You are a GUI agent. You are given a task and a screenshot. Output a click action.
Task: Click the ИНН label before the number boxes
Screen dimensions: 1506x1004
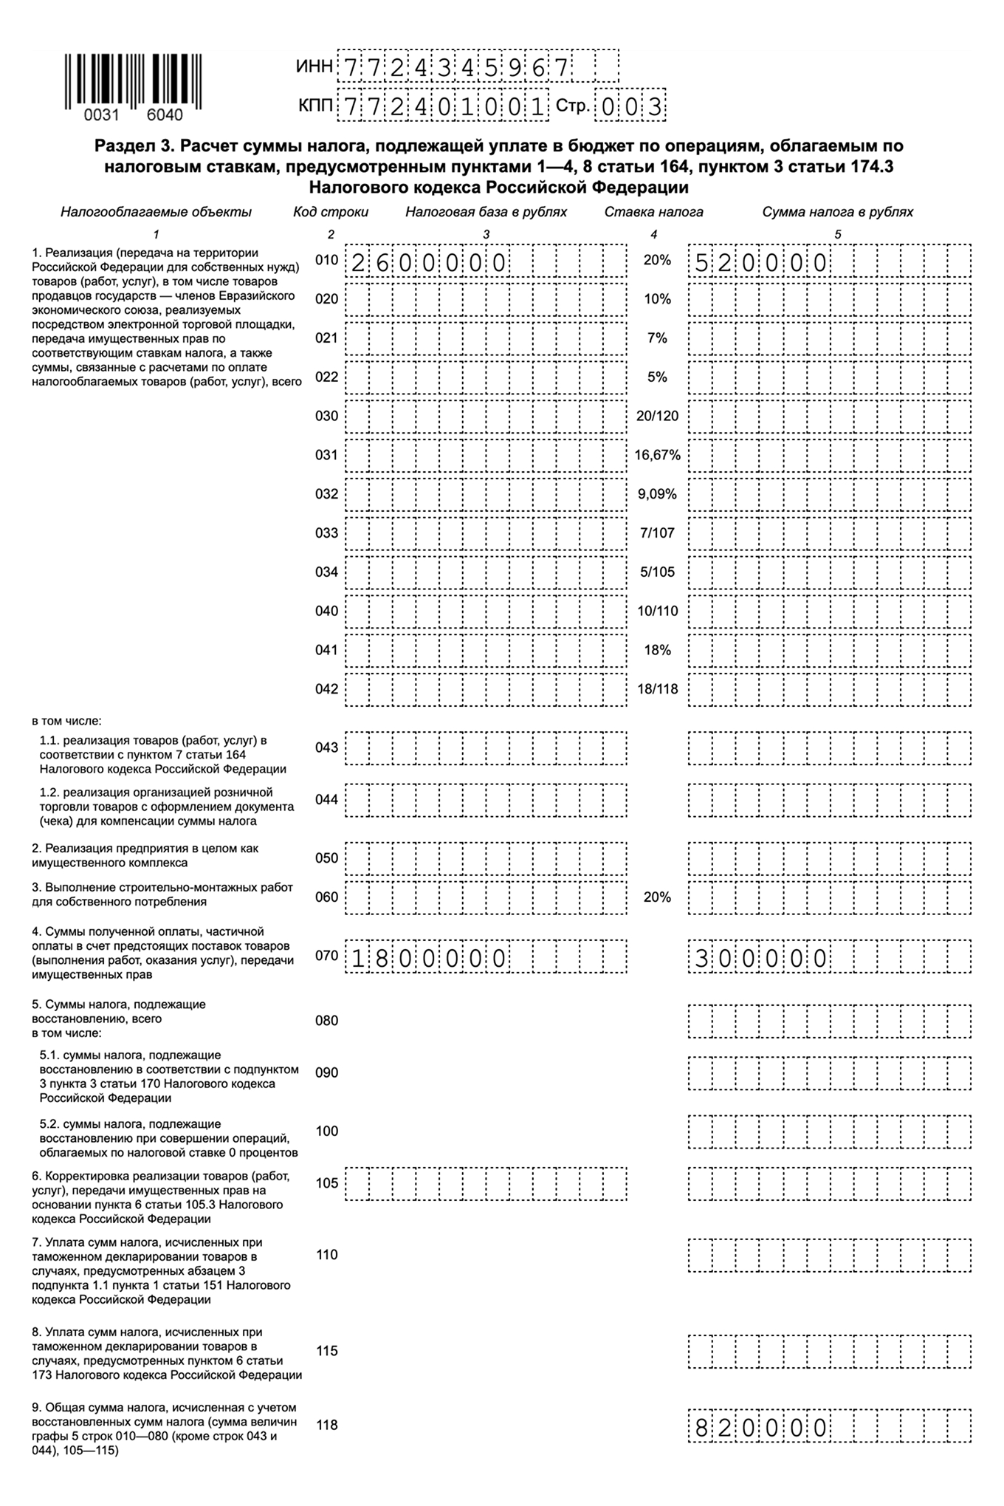pyautogui.click(x=314, y=67)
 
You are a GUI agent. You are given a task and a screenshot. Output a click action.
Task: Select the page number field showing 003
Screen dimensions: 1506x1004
pyautogui.click(x=630, y=107)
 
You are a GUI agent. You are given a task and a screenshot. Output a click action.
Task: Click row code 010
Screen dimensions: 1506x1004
pyautogui.click(x=326, y=261)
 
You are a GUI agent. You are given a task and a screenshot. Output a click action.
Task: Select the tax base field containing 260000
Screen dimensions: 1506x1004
pyautogui.click(x=486, y=261)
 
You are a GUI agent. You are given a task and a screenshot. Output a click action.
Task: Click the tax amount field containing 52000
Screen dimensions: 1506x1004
pyautogui.click(x=830, y=261)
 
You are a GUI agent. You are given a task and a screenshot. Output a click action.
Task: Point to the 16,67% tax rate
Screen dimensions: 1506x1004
pyautogui.click(x=657, y=455)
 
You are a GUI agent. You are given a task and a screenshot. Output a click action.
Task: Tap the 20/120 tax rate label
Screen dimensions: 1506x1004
pyautogui.click(x=657, y=416)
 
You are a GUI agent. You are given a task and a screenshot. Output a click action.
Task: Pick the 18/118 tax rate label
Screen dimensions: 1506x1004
pyautogui.click(x=657, y=689)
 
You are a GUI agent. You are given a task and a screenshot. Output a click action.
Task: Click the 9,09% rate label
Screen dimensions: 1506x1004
pyautogui.click(x=657, y=494)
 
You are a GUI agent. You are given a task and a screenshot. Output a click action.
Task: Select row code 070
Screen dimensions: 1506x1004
pyautogui.click(x=326, y=956)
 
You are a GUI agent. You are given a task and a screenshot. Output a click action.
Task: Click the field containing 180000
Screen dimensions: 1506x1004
pyautogui.click(x=486, y=957)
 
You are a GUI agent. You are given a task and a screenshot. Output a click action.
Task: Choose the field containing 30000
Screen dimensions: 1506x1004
pyautogui.click(x=830, y=957)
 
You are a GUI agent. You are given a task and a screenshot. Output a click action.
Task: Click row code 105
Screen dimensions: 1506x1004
pyautogui.click(x=326, y=1183)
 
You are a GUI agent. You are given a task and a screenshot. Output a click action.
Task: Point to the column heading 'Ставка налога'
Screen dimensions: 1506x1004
pyautogui.click(x=653, y=212)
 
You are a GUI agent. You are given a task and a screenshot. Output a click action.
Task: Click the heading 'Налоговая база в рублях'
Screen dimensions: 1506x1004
pyautogui.click(x=486, y=212)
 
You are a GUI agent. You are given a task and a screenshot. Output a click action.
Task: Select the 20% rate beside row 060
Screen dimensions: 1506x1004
pyautogui.click(x=657, y=897)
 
